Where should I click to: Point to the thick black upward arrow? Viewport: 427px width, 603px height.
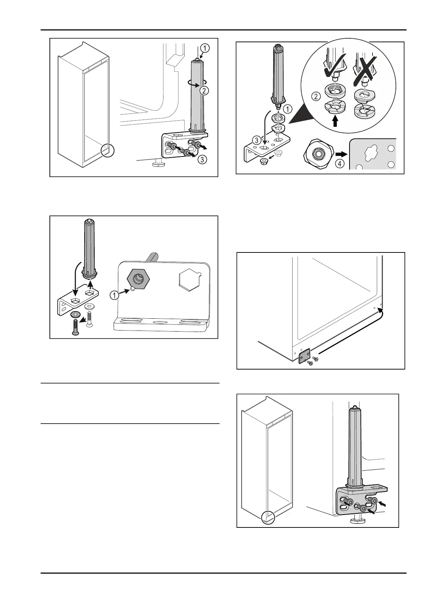point(335,122)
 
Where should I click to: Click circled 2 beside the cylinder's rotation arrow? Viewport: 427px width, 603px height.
point(204,91)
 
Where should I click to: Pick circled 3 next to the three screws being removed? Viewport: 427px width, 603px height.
point(203,160)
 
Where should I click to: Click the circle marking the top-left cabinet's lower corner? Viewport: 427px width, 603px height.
point(107,150)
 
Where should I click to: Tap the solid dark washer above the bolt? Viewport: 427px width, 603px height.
point(75,314)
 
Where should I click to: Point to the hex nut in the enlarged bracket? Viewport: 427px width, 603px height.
point(138,279)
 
